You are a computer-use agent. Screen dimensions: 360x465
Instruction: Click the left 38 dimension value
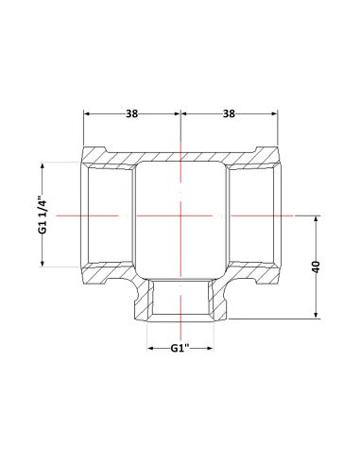point(132,113)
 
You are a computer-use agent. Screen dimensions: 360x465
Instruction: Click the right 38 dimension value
point(229,113)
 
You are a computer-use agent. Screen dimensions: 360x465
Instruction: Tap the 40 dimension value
point(317,267)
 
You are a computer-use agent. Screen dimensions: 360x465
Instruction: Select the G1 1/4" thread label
point(43,215)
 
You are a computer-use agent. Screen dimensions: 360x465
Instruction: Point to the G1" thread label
point(180,348)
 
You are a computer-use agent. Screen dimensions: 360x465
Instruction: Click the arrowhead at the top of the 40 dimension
point(317,219)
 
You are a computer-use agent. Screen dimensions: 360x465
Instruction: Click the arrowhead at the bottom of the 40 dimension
point(317,315)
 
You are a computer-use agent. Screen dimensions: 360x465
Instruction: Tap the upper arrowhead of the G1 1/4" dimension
point(43,166)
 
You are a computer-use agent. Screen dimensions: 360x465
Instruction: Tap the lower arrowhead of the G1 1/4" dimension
point(43,263)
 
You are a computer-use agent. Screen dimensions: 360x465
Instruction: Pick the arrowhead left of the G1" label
point(151,348)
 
